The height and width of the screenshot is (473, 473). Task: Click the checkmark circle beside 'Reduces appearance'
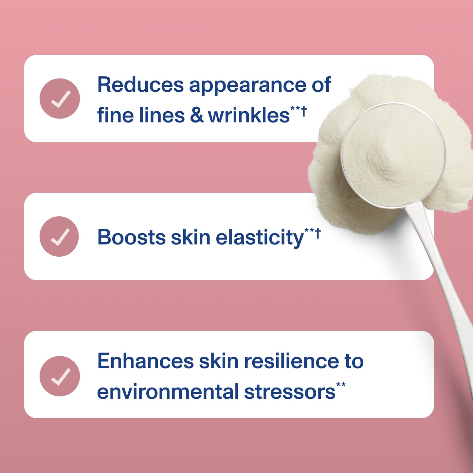[60, 99]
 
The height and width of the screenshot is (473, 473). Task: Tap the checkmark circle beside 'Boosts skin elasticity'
[59, 236]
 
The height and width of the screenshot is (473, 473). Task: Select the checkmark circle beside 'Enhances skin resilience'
[60, 376]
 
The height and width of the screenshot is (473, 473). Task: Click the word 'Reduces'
[140, 85]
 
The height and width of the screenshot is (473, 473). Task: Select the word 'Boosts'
[132, 237]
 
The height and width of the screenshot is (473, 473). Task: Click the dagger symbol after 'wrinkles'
[304, 111]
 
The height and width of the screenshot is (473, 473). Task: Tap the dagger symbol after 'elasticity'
[318, 233]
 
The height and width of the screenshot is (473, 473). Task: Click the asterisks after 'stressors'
[341, 385]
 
